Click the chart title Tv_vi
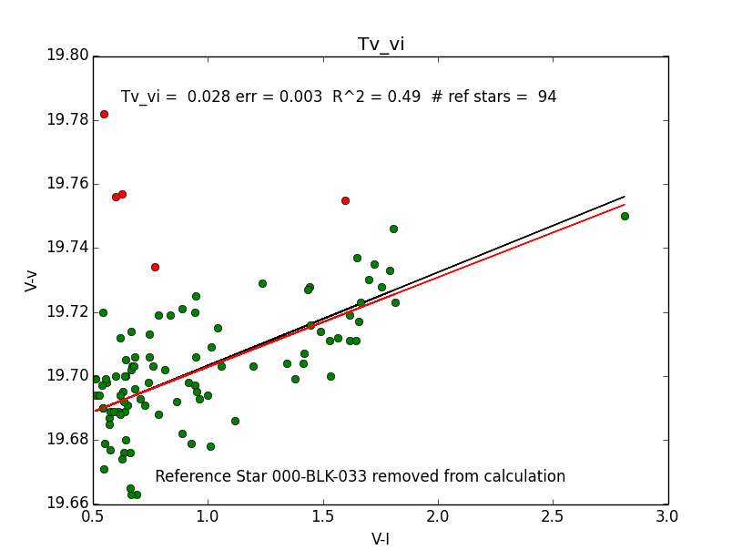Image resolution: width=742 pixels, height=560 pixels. [x=381, y=45]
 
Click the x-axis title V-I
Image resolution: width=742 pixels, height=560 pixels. [x=381, y=538]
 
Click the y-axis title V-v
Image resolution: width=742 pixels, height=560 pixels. [x=31, y=279]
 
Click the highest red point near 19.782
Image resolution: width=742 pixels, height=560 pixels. [x=104, y=114]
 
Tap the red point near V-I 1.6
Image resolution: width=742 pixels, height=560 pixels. [x=345, y=200]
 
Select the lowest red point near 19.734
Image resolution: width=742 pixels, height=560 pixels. [x=155, y=267]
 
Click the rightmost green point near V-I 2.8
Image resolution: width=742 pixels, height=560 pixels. [x=625, y=216]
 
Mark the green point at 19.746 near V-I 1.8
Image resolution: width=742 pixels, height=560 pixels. [x=393, y=229]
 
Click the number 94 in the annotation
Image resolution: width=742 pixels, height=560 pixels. [x=547, y=97]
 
